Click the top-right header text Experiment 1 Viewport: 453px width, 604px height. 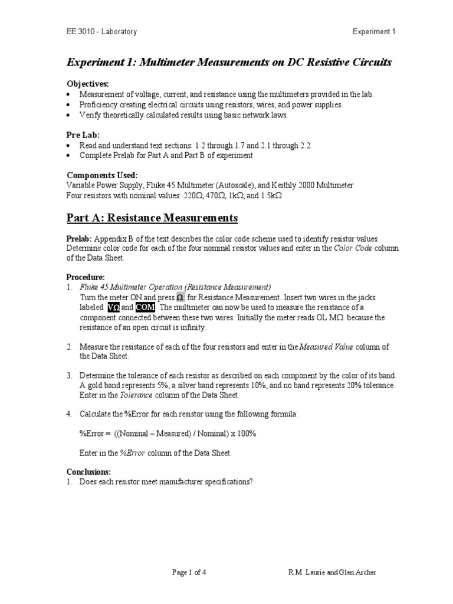375,31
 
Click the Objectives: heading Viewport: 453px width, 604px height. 87,84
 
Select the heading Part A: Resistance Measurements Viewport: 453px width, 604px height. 152,218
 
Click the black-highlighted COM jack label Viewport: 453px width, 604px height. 145,307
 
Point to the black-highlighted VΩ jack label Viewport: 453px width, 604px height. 113,307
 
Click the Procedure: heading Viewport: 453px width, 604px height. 86,277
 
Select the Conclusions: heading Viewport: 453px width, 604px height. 88,472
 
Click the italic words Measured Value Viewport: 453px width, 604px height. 327,347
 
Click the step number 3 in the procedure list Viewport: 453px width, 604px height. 68,376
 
